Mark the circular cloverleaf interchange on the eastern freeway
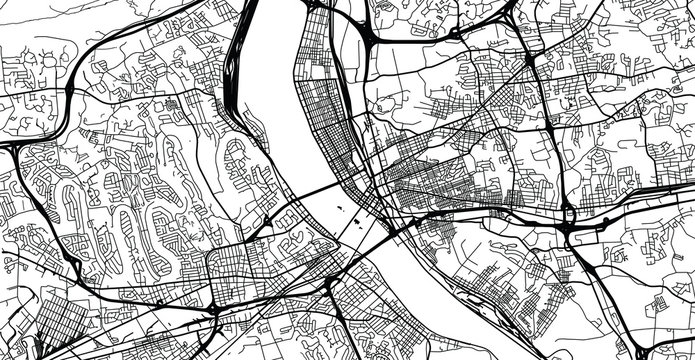pyautogui.click(x=567, y=213)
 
